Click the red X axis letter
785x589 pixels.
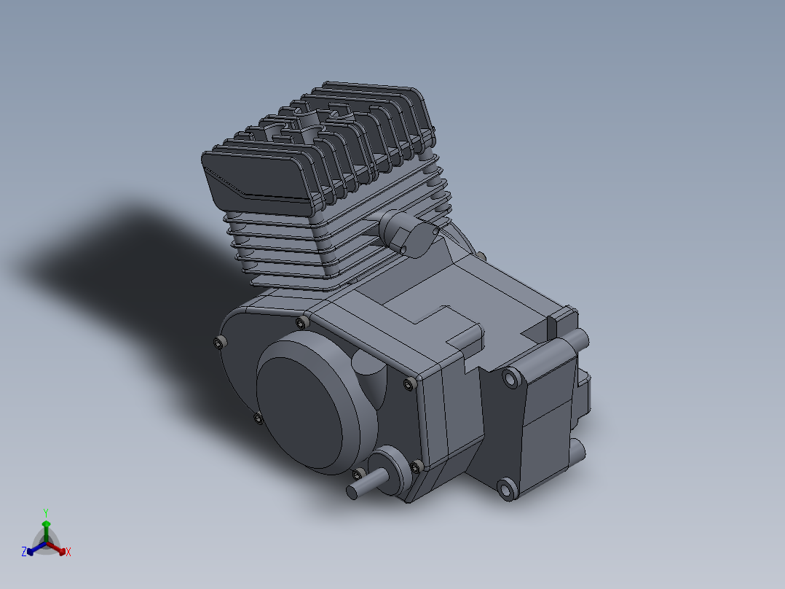click(68, 552)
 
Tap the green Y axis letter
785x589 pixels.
click(46, 512)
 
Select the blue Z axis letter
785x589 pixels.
click(24, 551)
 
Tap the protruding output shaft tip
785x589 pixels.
click(352, 492)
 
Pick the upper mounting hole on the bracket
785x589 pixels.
click(511, 378)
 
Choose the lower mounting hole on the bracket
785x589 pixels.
click(507, 488)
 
